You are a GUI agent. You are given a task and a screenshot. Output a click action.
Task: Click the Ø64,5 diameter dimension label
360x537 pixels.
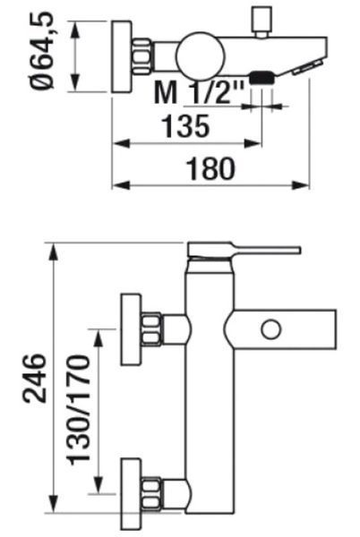pos(42,51)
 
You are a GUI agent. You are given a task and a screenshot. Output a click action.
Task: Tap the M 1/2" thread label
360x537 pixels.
pos(199,92)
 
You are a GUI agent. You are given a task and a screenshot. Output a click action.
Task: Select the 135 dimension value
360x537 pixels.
pos(185,126)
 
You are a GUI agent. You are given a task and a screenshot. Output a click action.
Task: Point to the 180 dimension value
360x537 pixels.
pos(210,168)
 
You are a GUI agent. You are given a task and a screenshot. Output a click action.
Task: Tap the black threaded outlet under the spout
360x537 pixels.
pos(262,78)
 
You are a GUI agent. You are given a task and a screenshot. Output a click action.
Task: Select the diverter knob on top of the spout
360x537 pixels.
pos(262,21)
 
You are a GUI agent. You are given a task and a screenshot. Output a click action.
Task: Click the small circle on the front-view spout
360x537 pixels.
pos(271,329)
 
